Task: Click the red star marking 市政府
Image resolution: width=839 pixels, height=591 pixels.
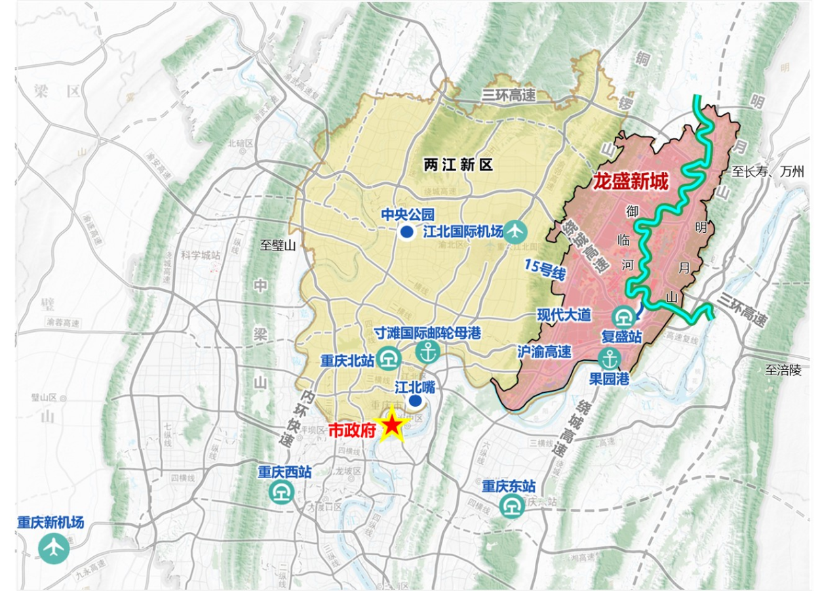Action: click(x=391, y=426)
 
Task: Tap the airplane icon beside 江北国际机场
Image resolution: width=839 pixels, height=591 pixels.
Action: click(x=517, y=231)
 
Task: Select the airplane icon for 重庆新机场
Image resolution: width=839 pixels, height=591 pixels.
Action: click(x=54, y=547)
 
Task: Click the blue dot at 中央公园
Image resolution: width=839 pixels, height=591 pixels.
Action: click(x=407, y=232)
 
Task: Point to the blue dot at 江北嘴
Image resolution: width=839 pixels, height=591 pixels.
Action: click(x=414, y=401)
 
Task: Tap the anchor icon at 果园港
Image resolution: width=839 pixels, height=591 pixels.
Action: click(x=610, y=359)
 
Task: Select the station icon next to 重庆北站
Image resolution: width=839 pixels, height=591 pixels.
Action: click(x=391, y=360)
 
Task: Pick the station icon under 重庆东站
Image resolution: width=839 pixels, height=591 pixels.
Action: click(x=511, y=504)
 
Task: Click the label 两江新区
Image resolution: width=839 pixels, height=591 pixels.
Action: click(x=458, y=165)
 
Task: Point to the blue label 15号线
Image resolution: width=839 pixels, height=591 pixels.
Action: click(x=545, y=270)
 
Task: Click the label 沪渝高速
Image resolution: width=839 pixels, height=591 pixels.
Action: click(x=544, y=352)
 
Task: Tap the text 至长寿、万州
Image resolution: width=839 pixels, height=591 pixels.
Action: click(x=768, y=173)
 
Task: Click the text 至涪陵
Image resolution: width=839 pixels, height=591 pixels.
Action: click(x=783, y=370)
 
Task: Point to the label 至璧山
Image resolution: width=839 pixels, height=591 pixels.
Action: click(x=279, y=245)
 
